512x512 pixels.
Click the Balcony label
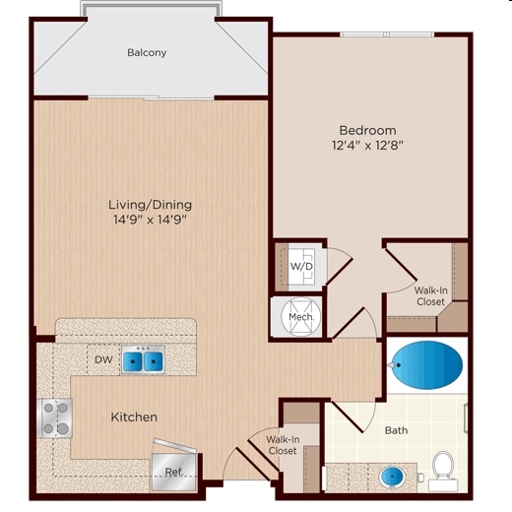pos(147,52)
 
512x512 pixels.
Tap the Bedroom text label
pos(367,130)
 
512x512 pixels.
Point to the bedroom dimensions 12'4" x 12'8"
pos(367,147)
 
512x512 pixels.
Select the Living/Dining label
pos(150,205)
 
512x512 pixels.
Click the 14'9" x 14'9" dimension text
pos(150,221)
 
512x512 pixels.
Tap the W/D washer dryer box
pos(301,266)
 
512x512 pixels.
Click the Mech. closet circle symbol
pos(299,317)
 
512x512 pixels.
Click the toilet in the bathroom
pos(443,470)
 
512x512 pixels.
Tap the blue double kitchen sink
pos(144,361)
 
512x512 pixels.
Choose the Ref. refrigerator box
pos(172,470)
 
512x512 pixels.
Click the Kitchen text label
pos(133,417)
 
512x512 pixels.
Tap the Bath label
pos(396,430)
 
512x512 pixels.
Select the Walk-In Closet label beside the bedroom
pos(428,295)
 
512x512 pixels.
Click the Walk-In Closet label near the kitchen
pos(282,444)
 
